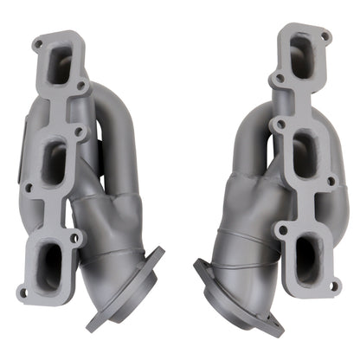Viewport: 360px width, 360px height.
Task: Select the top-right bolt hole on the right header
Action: (325, 37)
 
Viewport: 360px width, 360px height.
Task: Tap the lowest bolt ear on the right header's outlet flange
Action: (274, 328)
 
